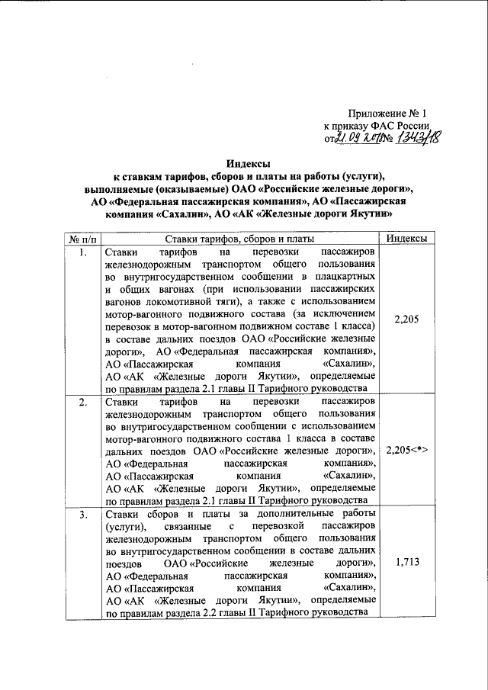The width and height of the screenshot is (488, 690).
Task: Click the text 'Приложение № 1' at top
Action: [386, 113]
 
